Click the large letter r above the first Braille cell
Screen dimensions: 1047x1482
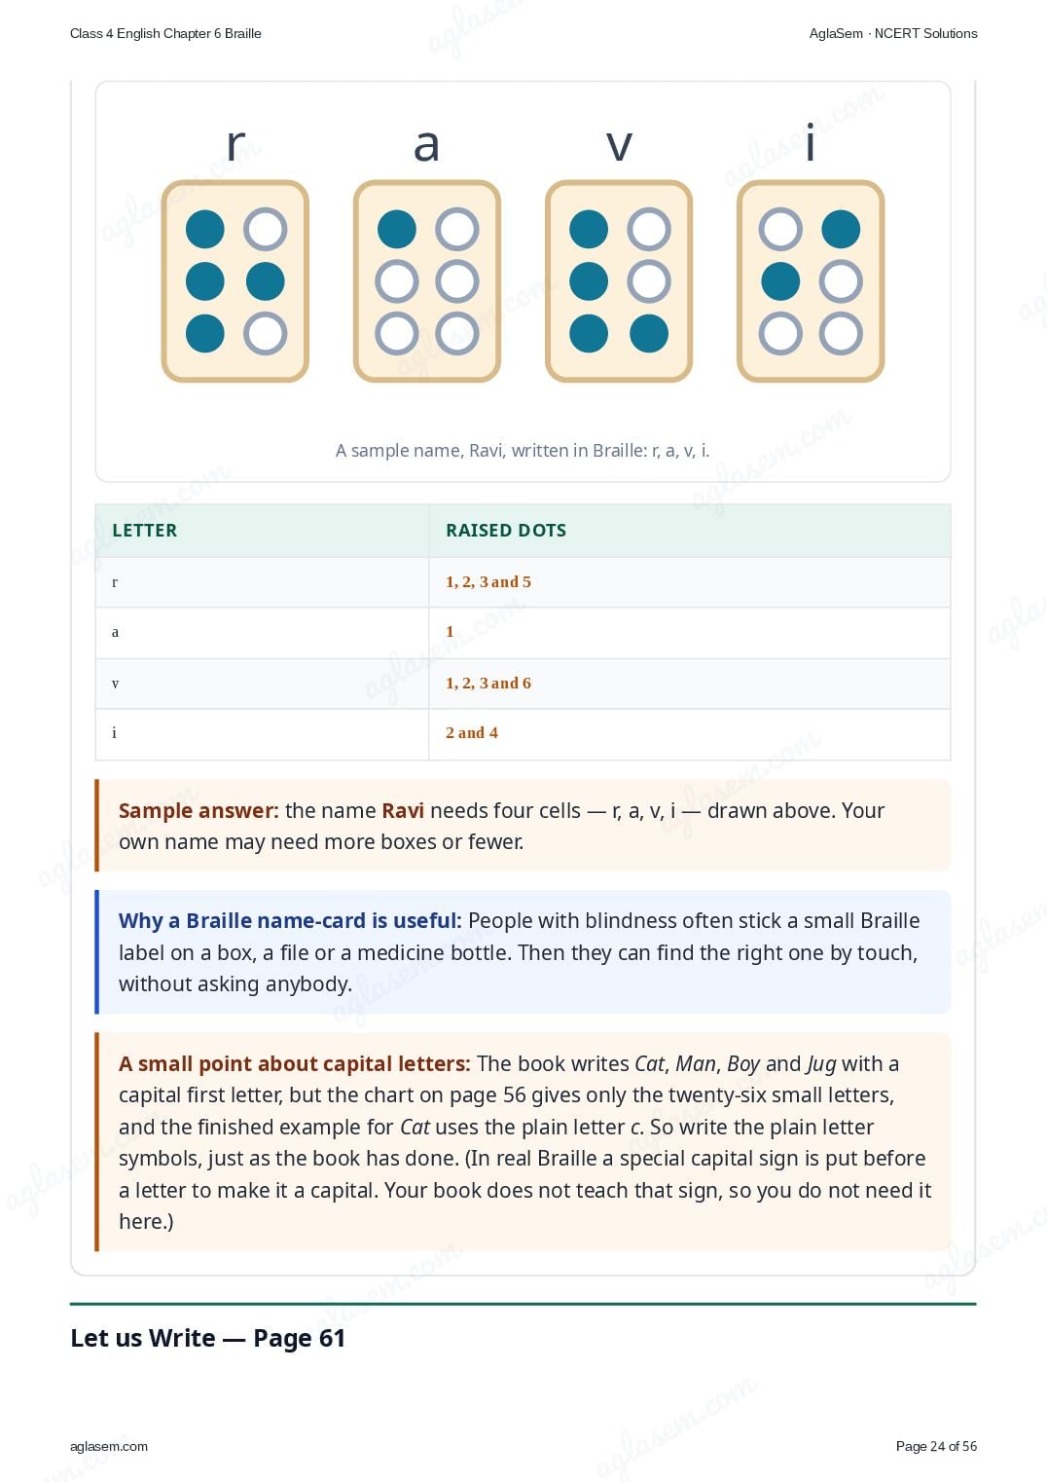pyautogui.click(x=235, y=144)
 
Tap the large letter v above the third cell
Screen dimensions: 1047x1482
pyautogui.click(x=619, y=145)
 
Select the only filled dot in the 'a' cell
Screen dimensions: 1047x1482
pyautogui.click(x=397, y=230)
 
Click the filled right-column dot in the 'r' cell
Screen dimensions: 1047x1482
pyautogui.click(x=265, y=281)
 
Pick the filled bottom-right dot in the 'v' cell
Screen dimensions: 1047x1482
pyautogui.click(x=648, y=333)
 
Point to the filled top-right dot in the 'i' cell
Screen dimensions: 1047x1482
pyautogui.click(x=840, y=230)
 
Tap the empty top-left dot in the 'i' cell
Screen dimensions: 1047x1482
pyautogui.click(x=780, y=230)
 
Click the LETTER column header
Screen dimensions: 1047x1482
pyautogui.click(x=145, y=530)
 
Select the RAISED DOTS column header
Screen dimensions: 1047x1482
pyautogui.click(x=506, y=530)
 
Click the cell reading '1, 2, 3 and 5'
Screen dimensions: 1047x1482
pyautogui.click(x=487, y=581)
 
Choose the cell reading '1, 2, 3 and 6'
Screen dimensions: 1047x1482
pyautogui.click(x=487, y=683)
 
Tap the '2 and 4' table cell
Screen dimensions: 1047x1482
pyautogui.click(x=471, y=732)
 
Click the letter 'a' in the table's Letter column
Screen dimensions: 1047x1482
pyautogui.click(x=115, y=633)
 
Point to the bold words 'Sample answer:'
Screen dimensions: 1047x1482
pyautogui.click(x=199, y=810)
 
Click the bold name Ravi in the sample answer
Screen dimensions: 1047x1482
pyautogui.click(x=403, y=810)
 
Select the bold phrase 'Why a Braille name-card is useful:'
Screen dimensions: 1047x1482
pyautogui.click(x=290, y=920)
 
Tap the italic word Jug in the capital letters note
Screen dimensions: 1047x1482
pyautogui.click(x=821, y=1064)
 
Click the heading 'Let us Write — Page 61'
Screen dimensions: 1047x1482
pyautogui.click(x=207, y=1338)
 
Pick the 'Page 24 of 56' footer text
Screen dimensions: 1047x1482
pyautogui.click(x=936, y=1446)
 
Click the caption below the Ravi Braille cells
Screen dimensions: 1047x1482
pyautogui.click(x=523, y=451)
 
